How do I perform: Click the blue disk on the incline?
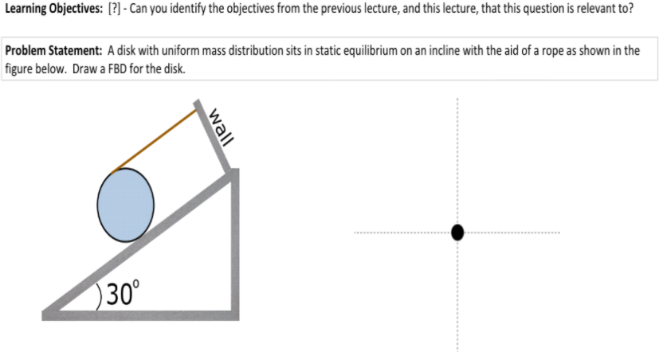125,205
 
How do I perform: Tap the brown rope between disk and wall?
156,139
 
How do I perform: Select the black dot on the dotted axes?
457,232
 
